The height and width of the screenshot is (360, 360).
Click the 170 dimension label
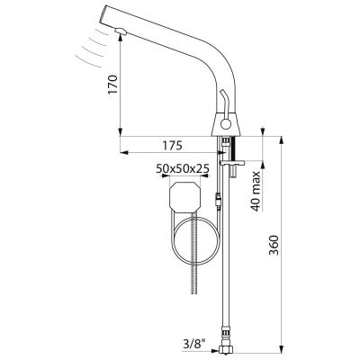112,85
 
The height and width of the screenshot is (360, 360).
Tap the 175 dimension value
173,146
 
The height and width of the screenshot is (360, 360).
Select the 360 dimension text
274,245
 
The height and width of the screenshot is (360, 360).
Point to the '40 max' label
256,192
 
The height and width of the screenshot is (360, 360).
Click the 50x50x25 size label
183,169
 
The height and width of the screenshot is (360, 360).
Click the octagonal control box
184,197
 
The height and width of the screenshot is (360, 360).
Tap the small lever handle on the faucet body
223,101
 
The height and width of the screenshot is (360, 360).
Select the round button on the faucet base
224,123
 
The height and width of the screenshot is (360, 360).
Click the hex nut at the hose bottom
227,348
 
